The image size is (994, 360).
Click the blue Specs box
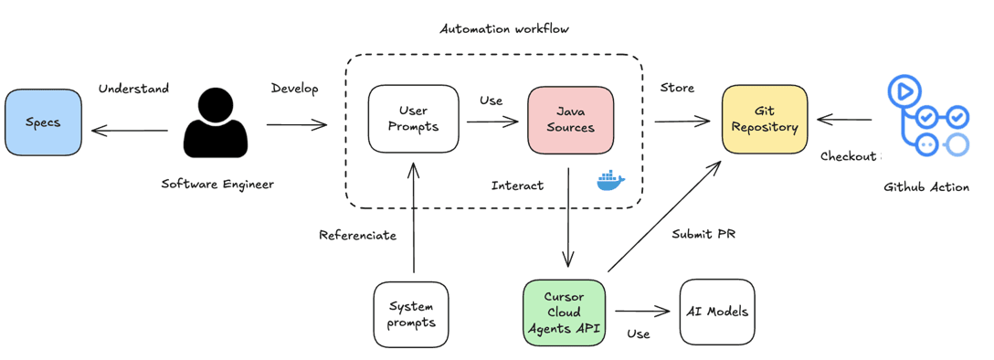[x=42, y=122]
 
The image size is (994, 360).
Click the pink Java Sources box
[x=570, y=119]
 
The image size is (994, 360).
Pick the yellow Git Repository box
[x=765, y=119]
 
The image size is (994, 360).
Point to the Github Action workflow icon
[x=927, y=117]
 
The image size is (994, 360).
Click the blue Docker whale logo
[x=611, y=181]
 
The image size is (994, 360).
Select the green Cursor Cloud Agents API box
[x=564, y=312]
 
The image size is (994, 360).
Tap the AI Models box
[x=717, y=312]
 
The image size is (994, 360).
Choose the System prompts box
[x=411, y=314]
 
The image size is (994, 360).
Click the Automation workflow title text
[x=504, y=28]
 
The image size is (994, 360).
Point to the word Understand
[x=133, y=89]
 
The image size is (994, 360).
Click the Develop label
[x=294, y=89]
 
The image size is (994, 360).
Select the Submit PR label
[x=703, y=234]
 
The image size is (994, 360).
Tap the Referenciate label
[x=357, y=235]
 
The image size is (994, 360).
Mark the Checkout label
[x=848, y=156]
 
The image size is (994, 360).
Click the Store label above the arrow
[x=677, y=88]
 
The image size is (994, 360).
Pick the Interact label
[x=517, y=185]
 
